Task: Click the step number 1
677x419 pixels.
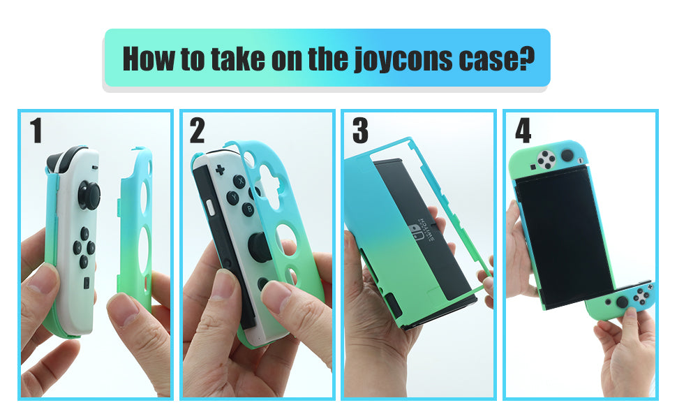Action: click(x=36, y=131)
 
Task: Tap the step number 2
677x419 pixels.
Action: click(x=198, y=131)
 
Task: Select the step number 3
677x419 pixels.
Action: click(x=360, y=131)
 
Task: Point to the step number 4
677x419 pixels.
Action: click(x=523, y=131)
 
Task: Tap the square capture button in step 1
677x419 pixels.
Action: click(x=86, y=284)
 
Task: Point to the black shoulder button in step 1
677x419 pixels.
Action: click(x=71, y=160)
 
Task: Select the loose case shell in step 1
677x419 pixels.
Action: click(x=136, y=223)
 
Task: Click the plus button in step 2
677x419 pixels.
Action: click(x=220, y=170)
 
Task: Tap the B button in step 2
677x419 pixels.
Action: click(x=247, y=207)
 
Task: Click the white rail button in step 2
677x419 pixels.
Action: click(x=211, y=207)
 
